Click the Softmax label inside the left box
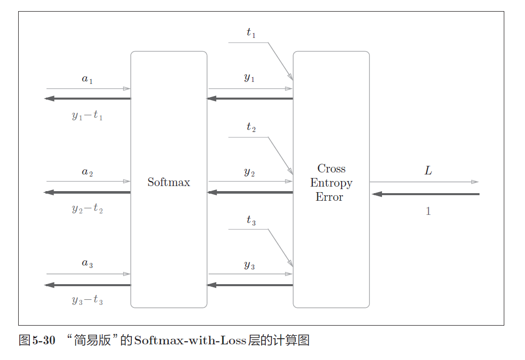169,182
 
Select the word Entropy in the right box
331,183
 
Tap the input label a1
87,79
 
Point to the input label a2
87,172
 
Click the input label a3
87,263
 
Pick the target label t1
251,33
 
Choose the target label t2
251,127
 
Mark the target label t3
251,220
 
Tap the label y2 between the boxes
249,172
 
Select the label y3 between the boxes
249,265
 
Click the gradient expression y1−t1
87,116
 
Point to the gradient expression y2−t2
87,208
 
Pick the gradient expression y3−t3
87,301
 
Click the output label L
428,171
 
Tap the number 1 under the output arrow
428,211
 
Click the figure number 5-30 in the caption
43,340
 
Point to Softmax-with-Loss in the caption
190,340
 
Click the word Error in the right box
329,197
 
